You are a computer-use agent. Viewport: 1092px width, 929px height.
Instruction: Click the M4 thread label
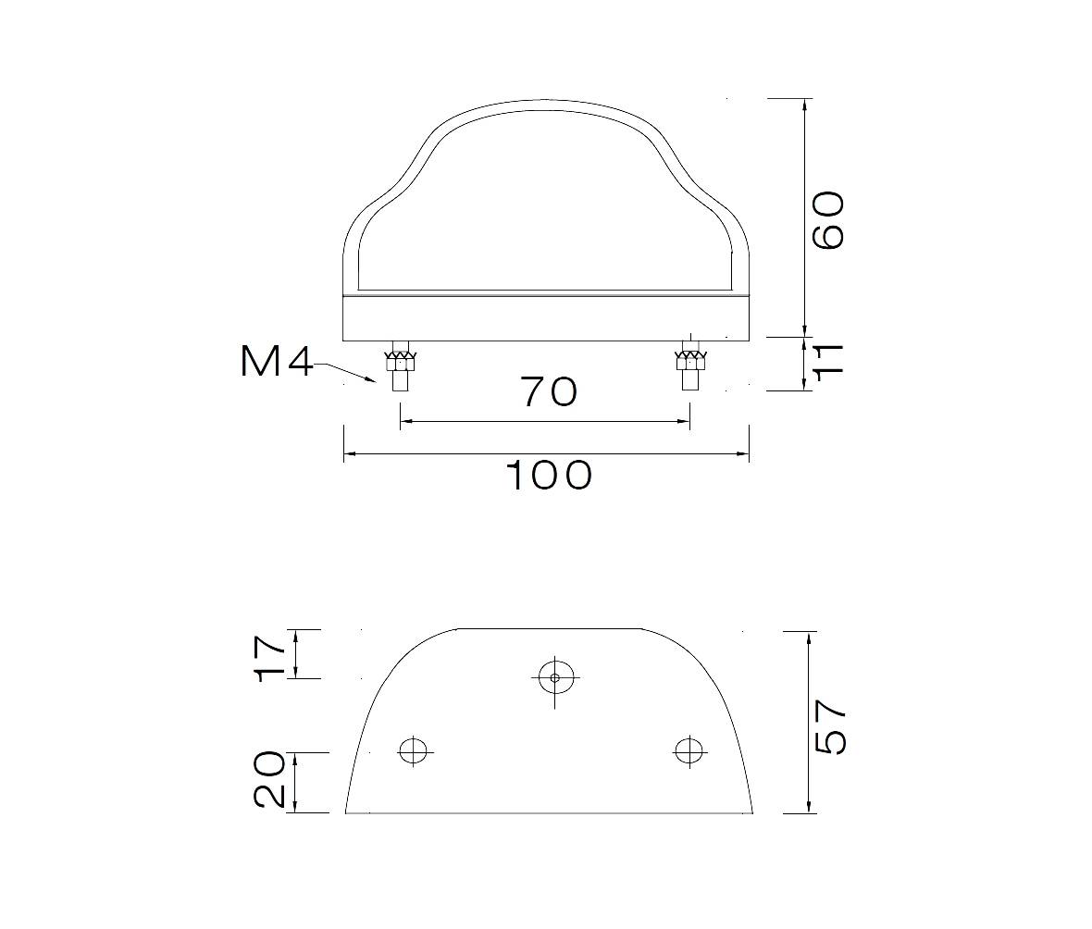tap(277, 362)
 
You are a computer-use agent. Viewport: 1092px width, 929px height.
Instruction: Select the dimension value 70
tap(549, 392)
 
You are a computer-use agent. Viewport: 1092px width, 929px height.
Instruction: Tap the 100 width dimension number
tap(549, 476)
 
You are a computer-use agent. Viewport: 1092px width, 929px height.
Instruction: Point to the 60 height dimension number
tap(829, 221)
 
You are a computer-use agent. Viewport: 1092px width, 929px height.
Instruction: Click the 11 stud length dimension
tap(829, 360)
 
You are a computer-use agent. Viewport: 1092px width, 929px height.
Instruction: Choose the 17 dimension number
tap(271, 656)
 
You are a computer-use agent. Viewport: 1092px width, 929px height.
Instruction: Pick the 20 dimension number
tap(270, 779)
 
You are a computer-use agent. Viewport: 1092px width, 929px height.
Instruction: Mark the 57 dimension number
tap(829, 726)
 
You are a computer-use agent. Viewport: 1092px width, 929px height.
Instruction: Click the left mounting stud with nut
tap(400, 365)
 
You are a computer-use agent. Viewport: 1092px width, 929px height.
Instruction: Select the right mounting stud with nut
tap(690, 365)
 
